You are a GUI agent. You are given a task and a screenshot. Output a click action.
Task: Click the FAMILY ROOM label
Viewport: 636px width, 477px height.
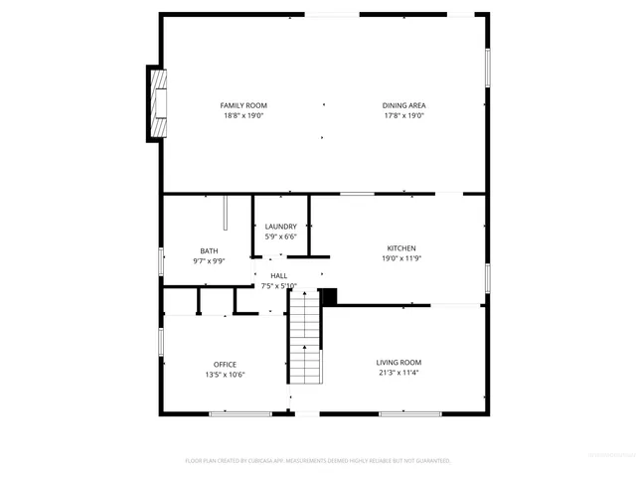tap(243, 105)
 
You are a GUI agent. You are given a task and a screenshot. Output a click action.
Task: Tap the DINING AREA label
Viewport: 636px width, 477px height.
tap(403, 105)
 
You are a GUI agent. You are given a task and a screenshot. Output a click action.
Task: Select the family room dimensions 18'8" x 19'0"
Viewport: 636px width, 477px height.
tap(243, 116)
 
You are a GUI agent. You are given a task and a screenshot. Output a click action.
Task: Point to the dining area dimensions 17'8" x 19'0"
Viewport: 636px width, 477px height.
tap(403, 116)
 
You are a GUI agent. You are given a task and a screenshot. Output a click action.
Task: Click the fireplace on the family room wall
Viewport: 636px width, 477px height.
tap(157, 103)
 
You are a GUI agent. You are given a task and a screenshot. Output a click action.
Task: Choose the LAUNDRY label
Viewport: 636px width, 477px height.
tap(280, 227)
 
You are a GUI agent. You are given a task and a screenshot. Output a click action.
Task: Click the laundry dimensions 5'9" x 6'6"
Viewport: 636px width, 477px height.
tap(280, 238)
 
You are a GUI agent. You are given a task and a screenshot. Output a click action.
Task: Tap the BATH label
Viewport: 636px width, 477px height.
tap(209, 251)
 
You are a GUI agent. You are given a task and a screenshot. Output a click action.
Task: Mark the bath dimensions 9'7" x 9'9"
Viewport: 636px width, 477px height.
tap(209, 262)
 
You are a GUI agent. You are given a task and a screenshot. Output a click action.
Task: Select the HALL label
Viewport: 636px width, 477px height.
tap(279, 275)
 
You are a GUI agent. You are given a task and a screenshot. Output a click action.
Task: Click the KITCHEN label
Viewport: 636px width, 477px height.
tap(401, 248)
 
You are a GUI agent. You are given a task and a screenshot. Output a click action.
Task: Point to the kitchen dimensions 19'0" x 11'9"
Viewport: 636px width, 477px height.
tap(401, 259)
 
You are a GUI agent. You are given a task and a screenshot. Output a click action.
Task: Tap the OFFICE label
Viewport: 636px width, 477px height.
tap(225, 364)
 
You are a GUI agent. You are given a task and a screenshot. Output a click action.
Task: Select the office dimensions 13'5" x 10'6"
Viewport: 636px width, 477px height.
tap(225, 375)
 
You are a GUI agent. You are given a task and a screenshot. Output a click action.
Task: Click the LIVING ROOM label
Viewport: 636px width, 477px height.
tap(398, 363)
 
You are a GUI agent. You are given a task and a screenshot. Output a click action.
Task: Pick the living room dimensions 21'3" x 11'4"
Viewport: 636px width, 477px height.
tap(398, 374)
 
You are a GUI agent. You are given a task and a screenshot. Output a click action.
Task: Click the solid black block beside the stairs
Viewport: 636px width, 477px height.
tap(330, 296)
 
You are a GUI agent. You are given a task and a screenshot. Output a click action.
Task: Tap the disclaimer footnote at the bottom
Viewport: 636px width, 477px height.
tap(318, 461)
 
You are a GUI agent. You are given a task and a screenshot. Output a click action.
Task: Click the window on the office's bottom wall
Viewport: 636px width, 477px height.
tap(240, 413)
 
